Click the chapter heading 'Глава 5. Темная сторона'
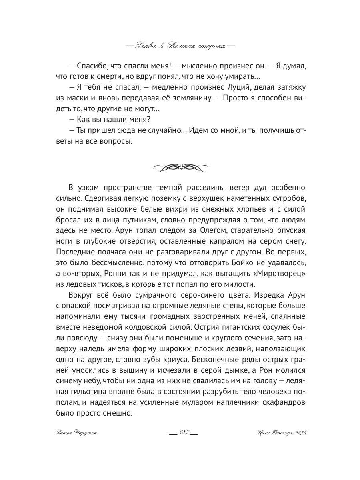(180, 46)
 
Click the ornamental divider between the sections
(180, 167)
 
